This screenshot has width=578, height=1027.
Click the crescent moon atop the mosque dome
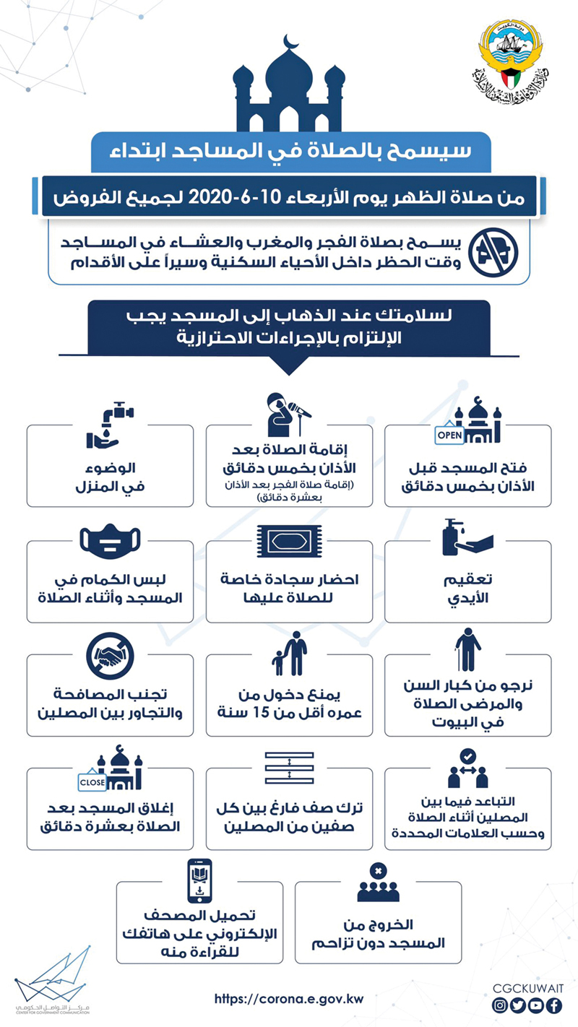[290, 41]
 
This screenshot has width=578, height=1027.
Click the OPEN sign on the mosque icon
[449, 435]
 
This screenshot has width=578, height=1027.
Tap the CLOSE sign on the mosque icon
[93, 781]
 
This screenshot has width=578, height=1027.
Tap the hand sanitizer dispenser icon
[467, 537]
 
